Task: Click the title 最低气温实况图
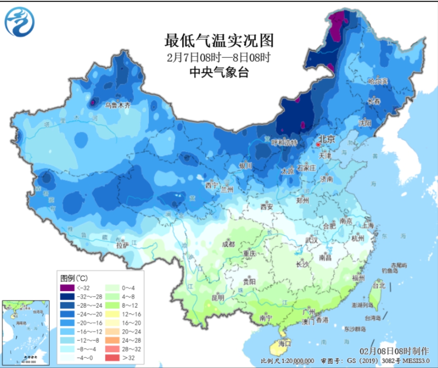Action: pos(219,41)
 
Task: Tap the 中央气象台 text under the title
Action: pos(219,72)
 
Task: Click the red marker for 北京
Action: pos(318,144)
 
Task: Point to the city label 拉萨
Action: pos(122,245)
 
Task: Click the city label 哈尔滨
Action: pos(377,81)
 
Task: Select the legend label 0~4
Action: pos(128,288)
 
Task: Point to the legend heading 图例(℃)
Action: pos(74,278)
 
